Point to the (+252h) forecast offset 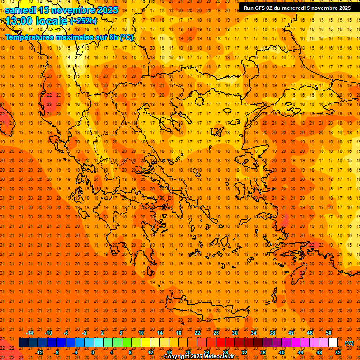(x=83, y=21)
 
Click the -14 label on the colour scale (x=30, y=333)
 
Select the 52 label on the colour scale (x=338, y=352)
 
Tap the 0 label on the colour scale (x=92, y=352)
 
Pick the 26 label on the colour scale (x=216, y=333)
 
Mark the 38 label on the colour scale (x=272, y=333)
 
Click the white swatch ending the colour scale (x=333, y=343)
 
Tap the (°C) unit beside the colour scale (x=349, y=343)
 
